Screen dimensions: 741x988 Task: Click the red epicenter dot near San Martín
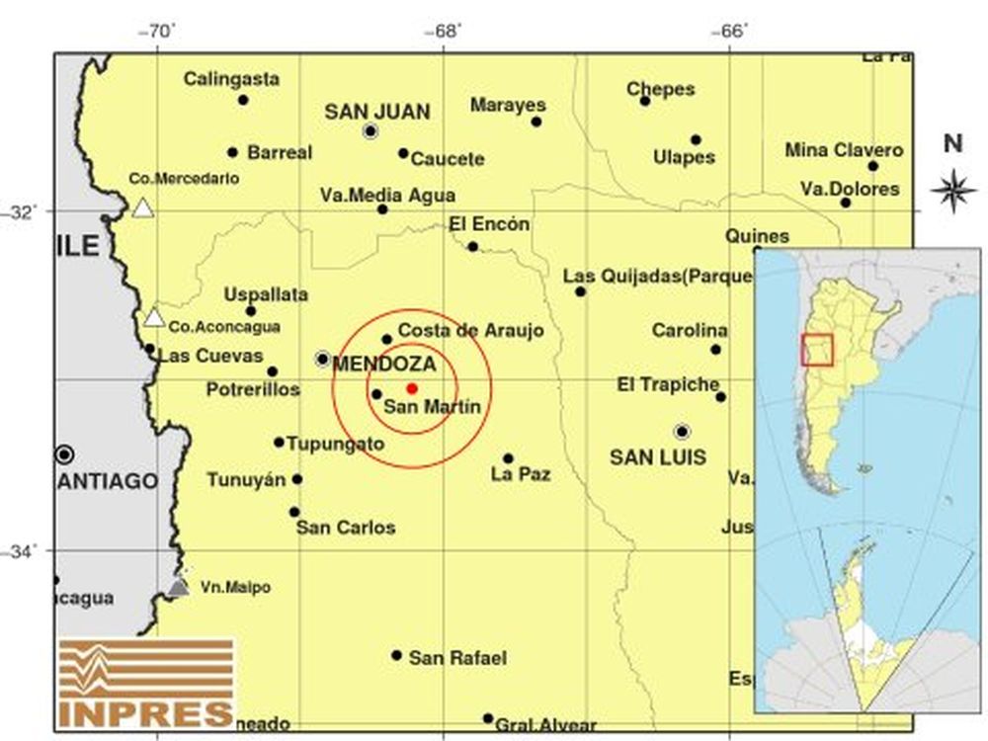coord(412,388)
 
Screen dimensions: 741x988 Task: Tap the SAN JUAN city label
coord(377,113)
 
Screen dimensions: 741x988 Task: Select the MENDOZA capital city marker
coord(322,359)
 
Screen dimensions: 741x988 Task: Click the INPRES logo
coord(146,683)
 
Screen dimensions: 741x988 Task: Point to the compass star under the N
coord(953,190)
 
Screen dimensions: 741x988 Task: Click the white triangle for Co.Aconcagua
coord(153,318)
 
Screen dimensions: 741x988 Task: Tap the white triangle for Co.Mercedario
coord(143,207)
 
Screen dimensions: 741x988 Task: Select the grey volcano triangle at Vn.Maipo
coord(178,587)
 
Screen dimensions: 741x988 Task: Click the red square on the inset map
coord(817,350)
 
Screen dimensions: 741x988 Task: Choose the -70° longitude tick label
coord(159,30)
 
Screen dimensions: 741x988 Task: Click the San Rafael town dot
coord(396,655)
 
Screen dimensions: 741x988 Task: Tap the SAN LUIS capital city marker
coord(682,432)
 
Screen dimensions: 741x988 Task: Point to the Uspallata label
coord(266,294)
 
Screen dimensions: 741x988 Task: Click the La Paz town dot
coord(508,458)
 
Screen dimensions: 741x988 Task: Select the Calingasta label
coord(231,79)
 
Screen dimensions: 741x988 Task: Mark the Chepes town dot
coord(644,101)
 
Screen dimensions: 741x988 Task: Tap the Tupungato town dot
coord(279,443)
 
